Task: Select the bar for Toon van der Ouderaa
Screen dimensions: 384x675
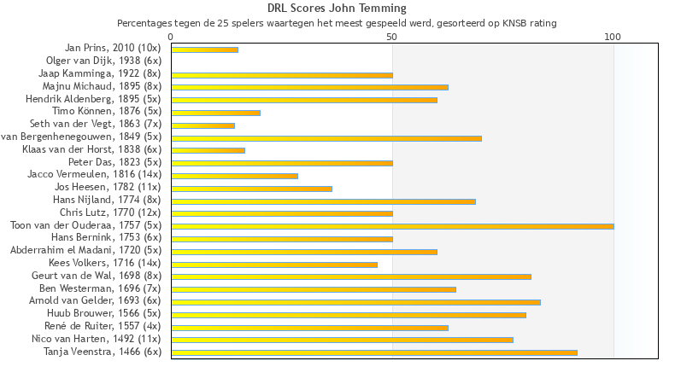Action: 392,226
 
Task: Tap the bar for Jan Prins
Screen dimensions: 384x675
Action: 204,49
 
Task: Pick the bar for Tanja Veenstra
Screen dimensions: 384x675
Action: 373,352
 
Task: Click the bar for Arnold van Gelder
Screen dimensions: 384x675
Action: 355,302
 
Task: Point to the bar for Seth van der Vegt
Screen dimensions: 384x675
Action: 202,125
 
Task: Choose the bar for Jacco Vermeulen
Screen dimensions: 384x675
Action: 234,176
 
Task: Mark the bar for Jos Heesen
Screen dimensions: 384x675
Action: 251,189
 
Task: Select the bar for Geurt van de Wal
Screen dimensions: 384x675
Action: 351,276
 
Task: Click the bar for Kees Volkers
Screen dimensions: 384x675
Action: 274,265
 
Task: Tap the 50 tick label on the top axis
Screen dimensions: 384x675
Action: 391,37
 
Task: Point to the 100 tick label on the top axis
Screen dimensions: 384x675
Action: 613,37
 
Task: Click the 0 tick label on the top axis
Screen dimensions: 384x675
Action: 171,37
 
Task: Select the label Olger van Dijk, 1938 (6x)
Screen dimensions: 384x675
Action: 103,61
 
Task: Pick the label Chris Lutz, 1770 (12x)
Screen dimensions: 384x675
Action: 110,212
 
